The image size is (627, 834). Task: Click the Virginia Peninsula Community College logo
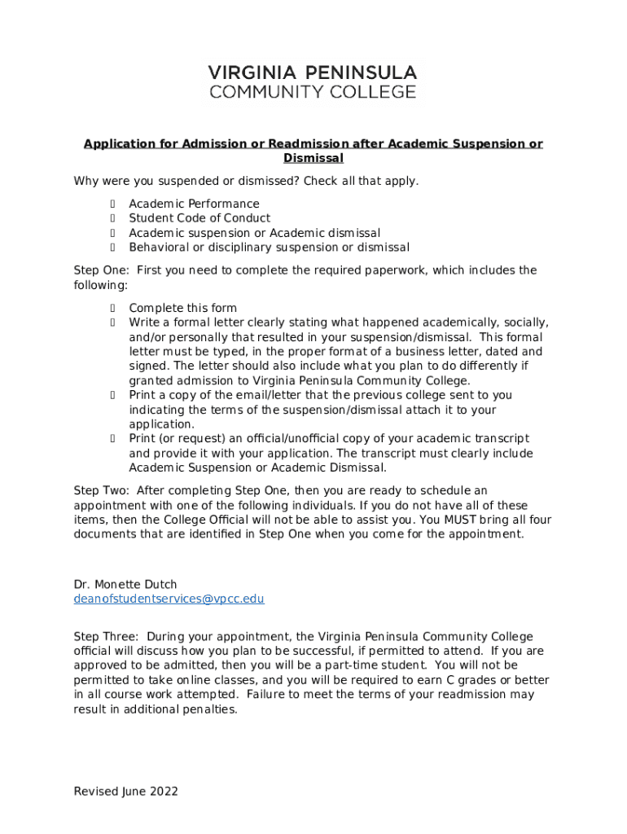coord(313,81)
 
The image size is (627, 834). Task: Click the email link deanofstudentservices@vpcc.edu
coord(169,599)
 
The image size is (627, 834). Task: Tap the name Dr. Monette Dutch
coord(125,584)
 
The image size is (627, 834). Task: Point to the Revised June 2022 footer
coord(125,791)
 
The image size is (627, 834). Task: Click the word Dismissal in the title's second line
coord(313,158)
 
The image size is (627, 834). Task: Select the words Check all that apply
coord(361,181)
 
